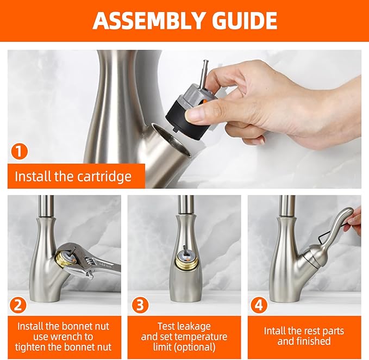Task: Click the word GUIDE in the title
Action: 243,20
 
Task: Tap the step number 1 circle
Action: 20,151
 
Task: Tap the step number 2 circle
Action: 19,305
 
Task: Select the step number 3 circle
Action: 140,305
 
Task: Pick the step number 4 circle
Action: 259,305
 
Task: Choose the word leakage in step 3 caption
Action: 192,326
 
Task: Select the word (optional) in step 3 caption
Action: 195,347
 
